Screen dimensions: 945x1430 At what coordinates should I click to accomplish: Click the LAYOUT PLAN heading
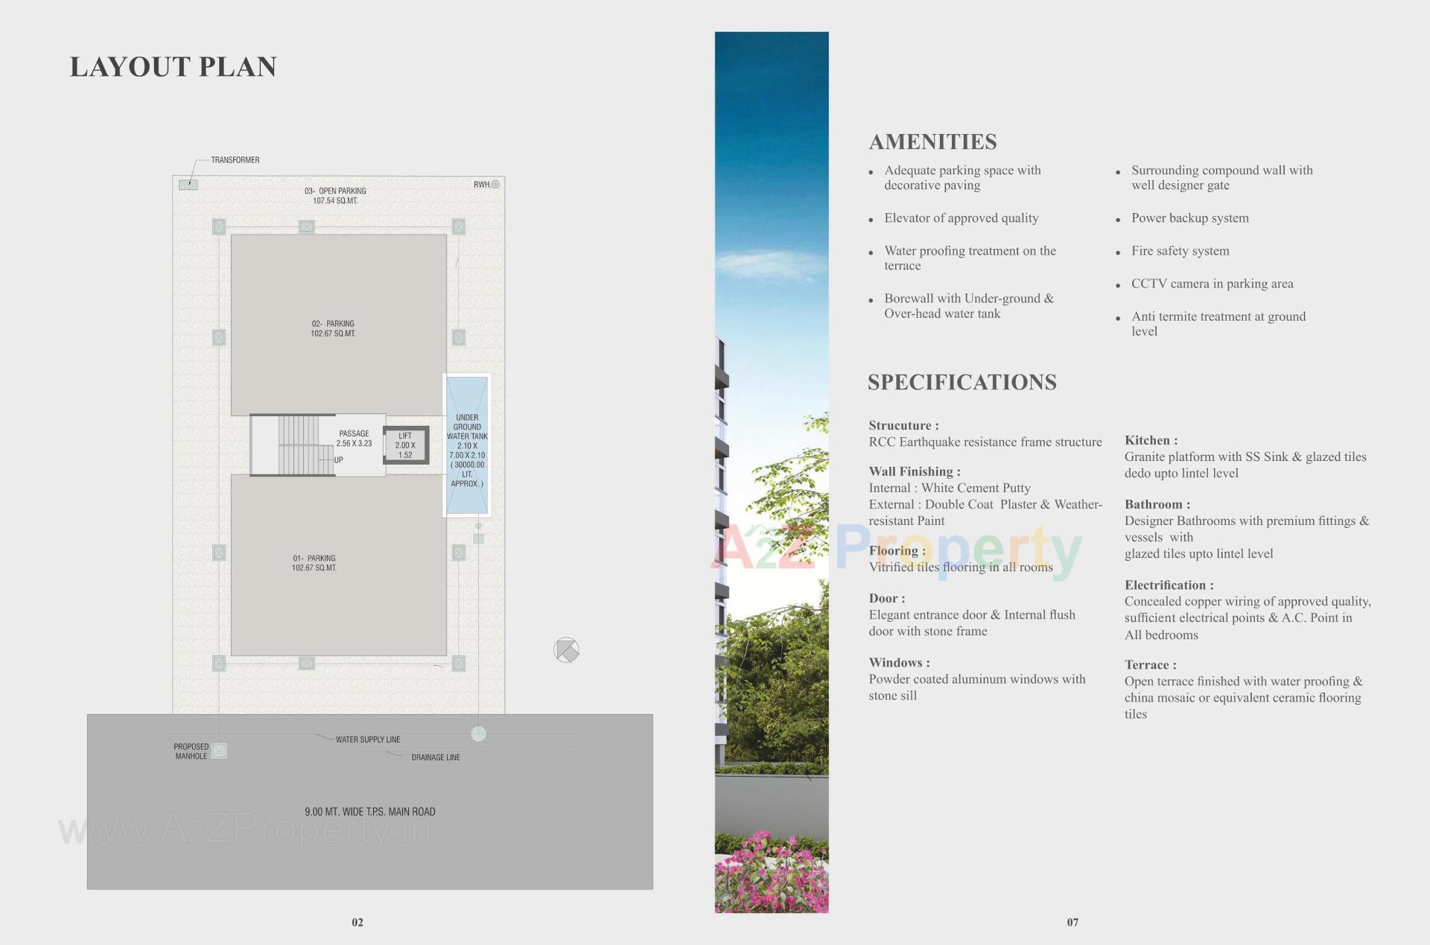click(173, 67)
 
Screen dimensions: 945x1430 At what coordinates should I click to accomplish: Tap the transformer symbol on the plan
click(188, 185)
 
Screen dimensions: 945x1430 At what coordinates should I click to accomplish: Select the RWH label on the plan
click(482, 185)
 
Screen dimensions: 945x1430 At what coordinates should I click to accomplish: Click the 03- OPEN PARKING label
click(335, 196)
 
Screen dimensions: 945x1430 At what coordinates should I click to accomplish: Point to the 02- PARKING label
click(333, 328)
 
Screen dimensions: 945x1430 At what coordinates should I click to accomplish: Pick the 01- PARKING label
click(314, 563)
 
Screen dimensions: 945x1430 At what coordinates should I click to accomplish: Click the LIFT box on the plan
click(406, 445)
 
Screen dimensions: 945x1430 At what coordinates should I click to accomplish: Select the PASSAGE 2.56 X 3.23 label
click(354, 439)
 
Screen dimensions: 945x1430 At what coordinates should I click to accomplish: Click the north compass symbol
click(566, 650)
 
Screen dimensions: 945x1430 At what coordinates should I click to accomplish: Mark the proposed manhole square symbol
click(219, 751)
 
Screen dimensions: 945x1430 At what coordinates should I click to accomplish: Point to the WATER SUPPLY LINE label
click(368, 739)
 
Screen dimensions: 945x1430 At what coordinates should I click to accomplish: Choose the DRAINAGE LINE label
click(436, 757)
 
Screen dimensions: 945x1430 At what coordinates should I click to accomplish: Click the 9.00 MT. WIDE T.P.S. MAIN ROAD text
click(369, 812)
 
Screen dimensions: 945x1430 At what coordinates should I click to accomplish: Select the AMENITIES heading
click(932, 141)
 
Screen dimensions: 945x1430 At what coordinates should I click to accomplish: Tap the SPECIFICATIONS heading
click(962, 382)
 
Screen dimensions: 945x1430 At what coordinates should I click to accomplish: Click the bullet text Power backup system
click(1189, 218)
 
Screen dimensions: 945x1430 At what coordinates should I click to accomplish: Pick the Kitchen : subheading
click(1151, 441)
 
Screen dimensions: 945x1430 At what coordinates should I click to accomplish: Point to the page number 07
click(1072, 922)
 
